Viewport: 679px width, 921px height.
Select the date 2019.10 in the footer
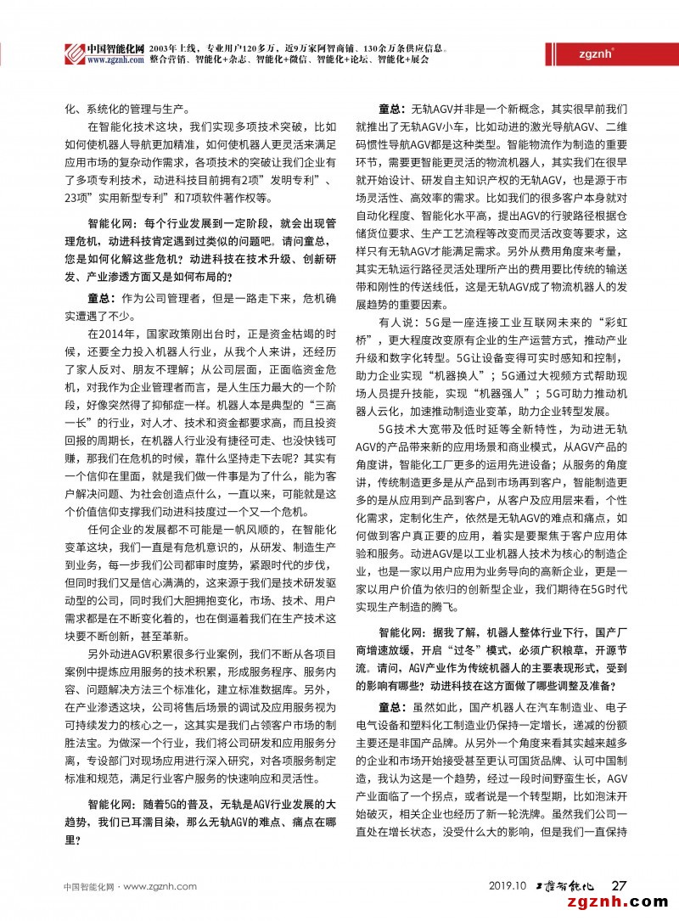[508, 886]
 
